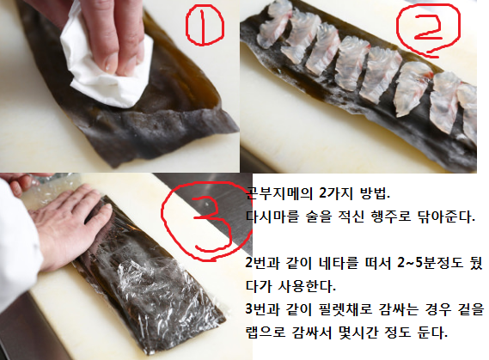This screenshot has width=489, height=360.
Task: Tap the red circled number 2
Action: point(437,32)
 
